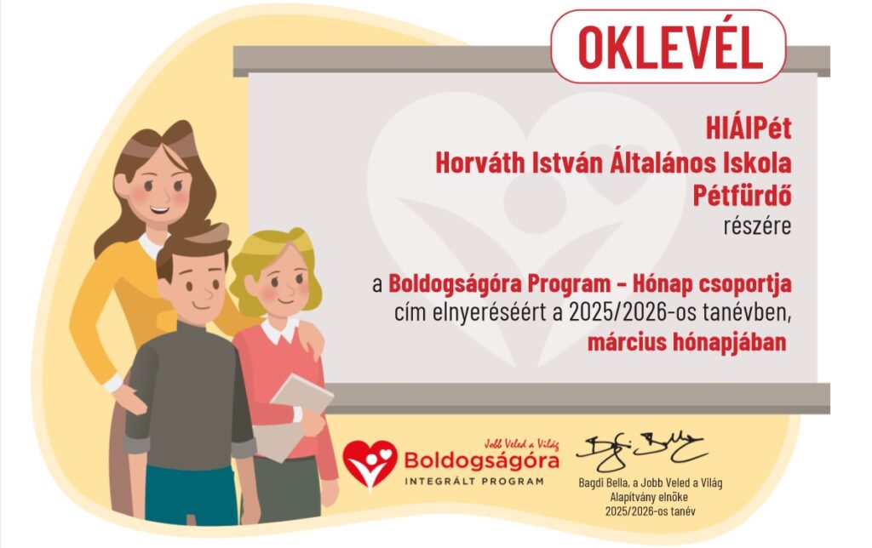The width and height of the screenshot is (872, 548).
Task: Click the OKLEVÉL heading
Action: click(669, 47)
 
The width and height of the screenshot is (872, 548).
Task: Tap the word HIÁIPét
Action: click(748, 129)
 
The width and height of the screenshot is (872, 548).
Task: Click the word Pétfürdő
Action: click(742, 196)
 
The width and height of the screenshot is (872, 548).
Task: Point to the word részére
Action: click(757, 226)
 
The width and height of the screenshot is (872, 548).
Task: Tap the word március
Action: click(627, 342)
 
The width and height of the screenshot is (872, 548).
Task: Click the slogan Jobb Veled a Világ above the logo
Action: click(521, 443)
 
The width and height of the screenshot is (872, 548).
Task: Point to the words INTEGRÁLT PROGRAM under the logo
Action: click(473, 482)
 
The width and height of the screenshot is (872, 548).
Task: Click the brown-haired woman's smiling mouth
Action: click(159, 211)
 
